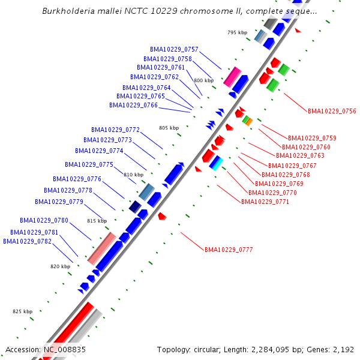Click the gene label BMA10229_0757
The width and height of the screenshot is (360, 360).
coord(174,49)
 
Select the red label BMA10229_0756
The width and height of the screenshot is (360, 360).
coord(332,111)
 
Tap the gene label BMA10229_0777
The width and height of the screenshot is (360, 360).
coord(229,249)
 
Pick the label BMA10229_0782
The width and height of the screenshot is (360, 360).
coord(27,241)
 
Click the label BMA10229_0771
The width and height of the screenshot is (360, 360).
coord(265,202)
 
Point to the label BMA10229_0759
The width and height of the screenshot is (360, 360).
coord(312,138)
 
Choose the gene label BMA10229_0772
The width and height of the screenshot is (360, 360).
coord(115,130)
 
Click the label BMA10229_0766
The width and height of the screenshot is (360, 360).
coord(133,105)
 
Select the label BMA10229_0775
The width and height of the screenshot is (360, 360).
coord(89,164)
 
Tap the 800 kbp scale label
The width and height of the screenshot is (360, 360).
coord(203,80)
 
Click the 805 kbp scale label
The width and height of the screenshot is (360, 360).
coord(169,128)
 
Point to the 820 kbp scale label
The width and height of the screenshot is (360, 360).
coord(60,266)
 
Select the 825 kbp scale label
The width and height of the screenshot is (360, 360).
coord(23,311)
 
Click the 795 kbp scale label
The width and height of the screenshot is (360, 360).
coord(238,32)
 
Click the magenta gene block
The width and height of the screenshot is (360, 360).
coord(232,76)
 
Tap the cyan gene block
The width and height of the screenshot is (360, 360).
coord(216,163)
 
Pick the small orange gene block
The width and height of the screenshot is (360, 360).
coord(248,122)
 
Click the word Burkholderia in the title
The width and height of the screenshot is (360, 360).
coord(69,11)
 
